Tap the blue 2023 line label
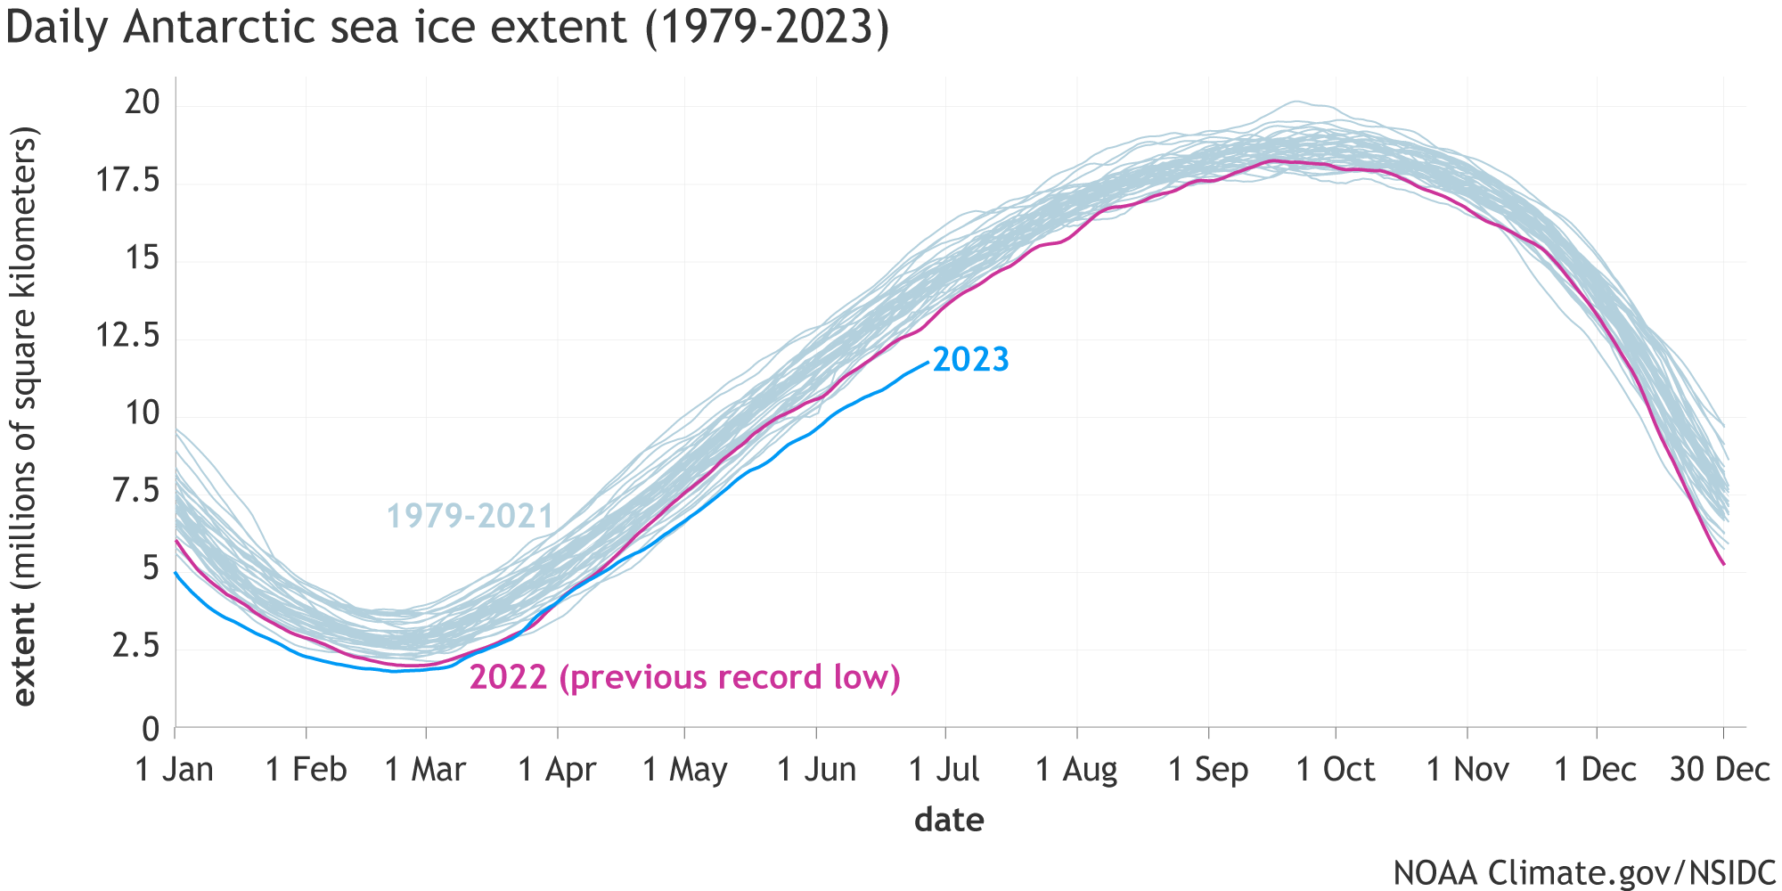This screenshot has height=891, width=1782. [x=970, y=360]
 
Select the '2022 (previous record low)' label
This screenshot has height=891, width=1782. [x=684, y=678]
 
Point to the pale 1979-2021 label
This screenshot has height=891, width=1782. [x=470, y=516]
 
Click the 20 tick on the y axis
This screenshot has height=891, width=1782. [x=143, y=104]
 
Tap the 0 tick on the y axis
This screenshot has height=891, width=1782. [x=151, y=730]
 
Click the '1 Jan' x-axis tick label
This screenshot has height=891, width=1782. [x=175, y=770]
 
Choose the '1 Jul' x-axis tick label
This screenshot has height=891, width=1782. [x=944, y=770]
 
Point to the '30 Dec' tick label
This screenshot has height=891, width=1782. [x=1720, y=770]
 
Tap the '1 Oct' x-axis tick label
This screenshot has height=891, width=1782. [x=1335, y=770]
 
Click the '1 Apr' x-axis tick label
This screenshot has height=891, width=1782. [x=558, y=770]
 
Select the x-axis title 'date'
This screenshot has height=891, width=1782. [x=949, y=820]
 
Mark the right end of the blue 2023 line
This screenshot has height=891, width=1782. [x=928, y=361]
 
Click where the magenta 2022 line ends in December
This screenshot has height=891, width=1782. [x=1723, y=564]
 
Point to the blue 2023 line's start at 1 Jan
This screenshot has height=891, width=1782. [x=176, y=574]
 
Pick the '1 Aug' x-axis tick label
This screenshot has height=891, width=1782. [x=1076, y=770]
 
